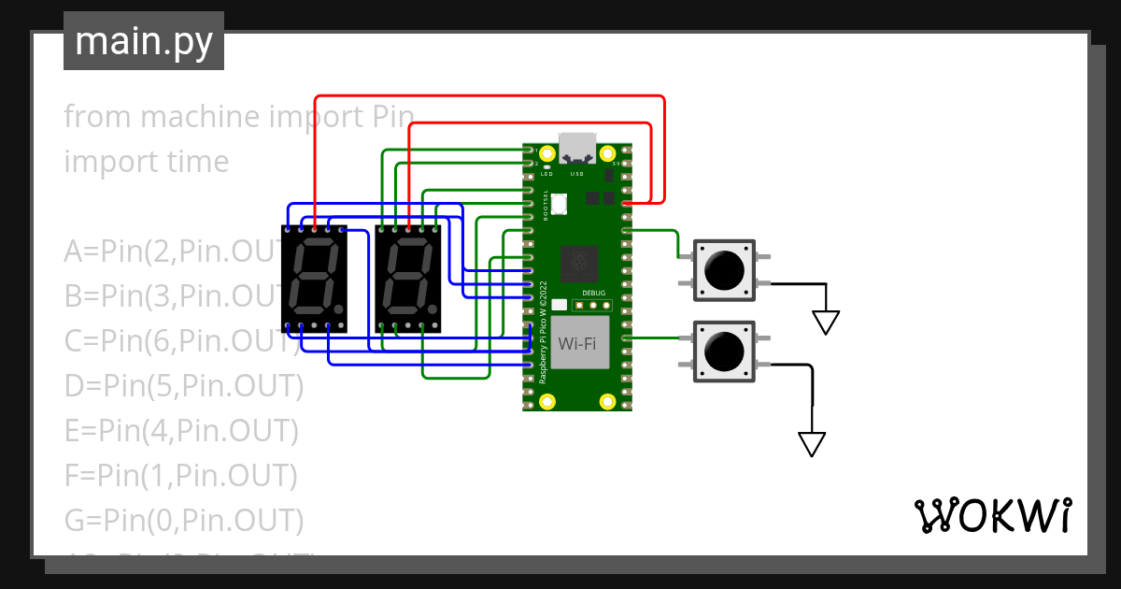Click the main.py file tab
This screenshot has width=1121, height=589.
(143, 41)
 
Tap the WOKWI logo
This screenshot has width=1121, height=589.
(992, 515)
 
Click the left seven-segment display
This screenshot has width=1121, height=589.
(314, 278)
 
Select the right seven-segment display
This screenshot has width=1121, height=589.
(407, 278)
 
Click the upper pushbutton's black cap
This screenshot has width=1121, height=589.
(724, 271)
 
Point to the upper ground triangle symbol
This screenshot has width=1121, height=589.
(825, 323)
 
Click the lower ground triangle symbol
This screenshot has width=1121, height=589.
(812, 444)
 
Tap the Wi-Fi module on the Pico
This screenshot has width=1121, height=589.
(578, 343)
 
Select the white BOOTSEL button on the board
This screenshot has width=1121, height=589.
(560, 203)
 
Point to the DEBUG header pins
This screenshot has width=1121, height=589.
(592, 305)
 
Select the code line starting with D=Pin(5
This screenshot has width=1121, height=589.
(184, 386)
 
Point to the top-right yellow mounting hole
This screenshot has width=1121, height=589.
(608, 151)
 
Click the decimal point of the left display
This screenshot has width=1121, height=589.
(338, 308)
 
